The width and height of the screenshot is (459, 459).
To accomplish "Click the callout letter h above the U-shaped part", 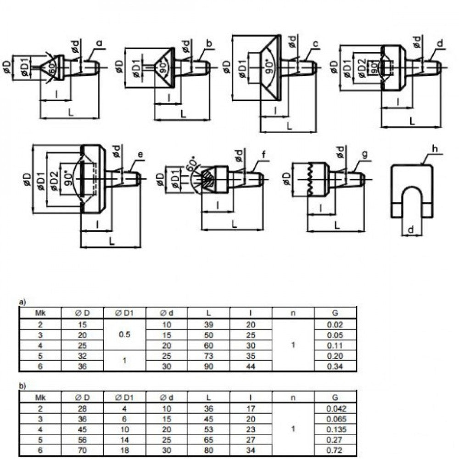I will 435,149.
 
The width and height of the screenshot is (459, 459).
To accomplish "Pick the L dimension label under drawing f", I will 234,224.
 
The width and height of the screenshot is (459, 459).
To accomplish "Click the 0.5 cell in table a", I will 124,335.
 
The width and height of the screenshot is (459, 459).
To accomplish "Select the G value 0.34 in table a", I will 335,366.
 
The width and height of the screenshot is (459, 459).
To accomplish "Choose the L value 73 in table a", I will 208,355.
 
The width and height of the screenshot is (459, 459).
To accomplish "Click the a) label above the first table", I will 22,302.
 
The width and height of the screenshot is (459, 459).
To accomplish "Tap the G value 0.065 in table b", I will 335,418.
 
